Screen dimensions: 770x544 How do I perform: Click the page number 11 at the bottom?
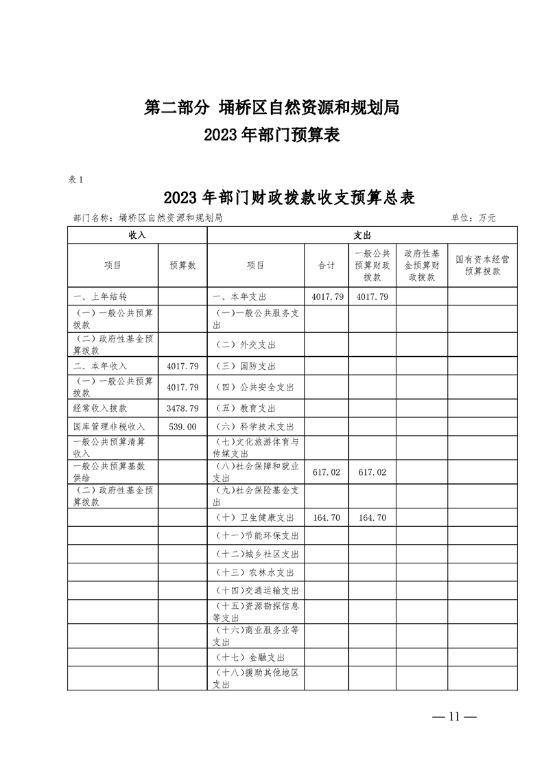click(453, 717)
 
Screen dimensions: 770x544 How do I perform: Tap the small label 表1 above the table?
click(75, 180)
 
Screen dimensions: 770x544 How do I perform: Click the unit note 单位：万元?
click(473, 218)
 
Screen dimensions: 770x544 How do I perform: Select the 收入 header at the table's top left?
click(137, 235)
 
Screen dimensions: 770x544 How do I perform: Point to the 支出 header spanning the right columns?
click(362, 235)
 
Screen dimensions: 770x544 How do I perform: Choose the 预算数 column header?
click(182, 266)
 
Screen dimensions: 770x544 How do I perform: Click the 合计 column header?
click(327, 266)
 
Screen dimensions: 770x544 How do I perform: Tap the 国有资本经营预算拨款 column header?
click(482, 266)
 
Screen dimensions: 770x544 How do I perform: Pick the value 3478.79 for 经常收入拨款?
click(182, 408)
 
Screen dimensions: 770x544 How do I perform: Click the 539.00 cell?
click(182, 426)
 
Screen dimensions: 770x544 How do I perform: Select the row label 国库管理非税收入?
click(109, 426)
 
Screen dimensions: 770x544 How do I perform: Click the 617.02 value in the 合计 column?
click(327, 473)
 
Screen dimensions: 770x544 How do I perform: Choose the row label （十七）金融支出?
click(250, 657)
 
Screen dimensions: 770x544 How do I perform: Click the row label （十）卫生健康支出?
click(255, 517)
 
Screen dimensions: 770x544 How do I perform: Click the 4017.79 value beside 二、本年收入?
click(182, 366)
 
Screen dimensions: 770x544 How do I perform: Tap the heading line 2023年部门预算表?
click(272, 135)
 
